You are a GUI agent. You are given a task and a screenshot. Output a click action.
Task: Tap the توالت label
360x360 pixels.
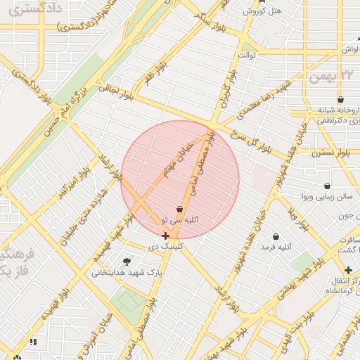click(x=251, y=54)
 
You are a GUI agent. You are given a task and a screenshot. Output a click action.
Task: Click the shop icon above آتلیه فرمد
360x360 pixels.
click(x=275, y=236)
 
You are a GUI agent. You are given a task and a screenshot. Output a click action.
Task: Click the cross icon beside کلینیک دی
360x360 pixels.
click(x=165, y=236)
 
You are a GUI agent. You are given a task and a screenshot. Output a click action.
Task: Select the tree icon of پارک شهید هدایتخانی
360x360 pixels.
click(x=127, y=261)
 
